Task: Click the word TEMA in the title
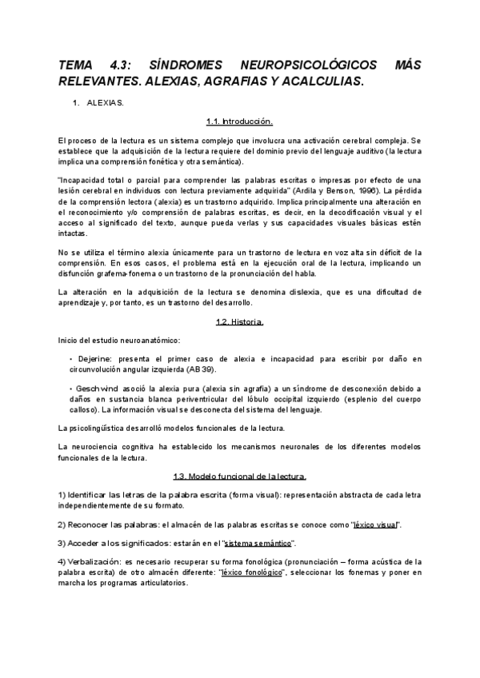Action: click(78, 63)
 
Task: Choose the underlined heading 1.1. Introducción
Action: click(240, 122)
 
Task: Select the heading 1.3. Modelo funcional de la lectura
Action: click(240, 476)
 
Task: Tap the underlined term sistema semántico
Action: click(261, 543)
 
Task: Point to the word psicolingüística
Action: click(106, 426)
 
